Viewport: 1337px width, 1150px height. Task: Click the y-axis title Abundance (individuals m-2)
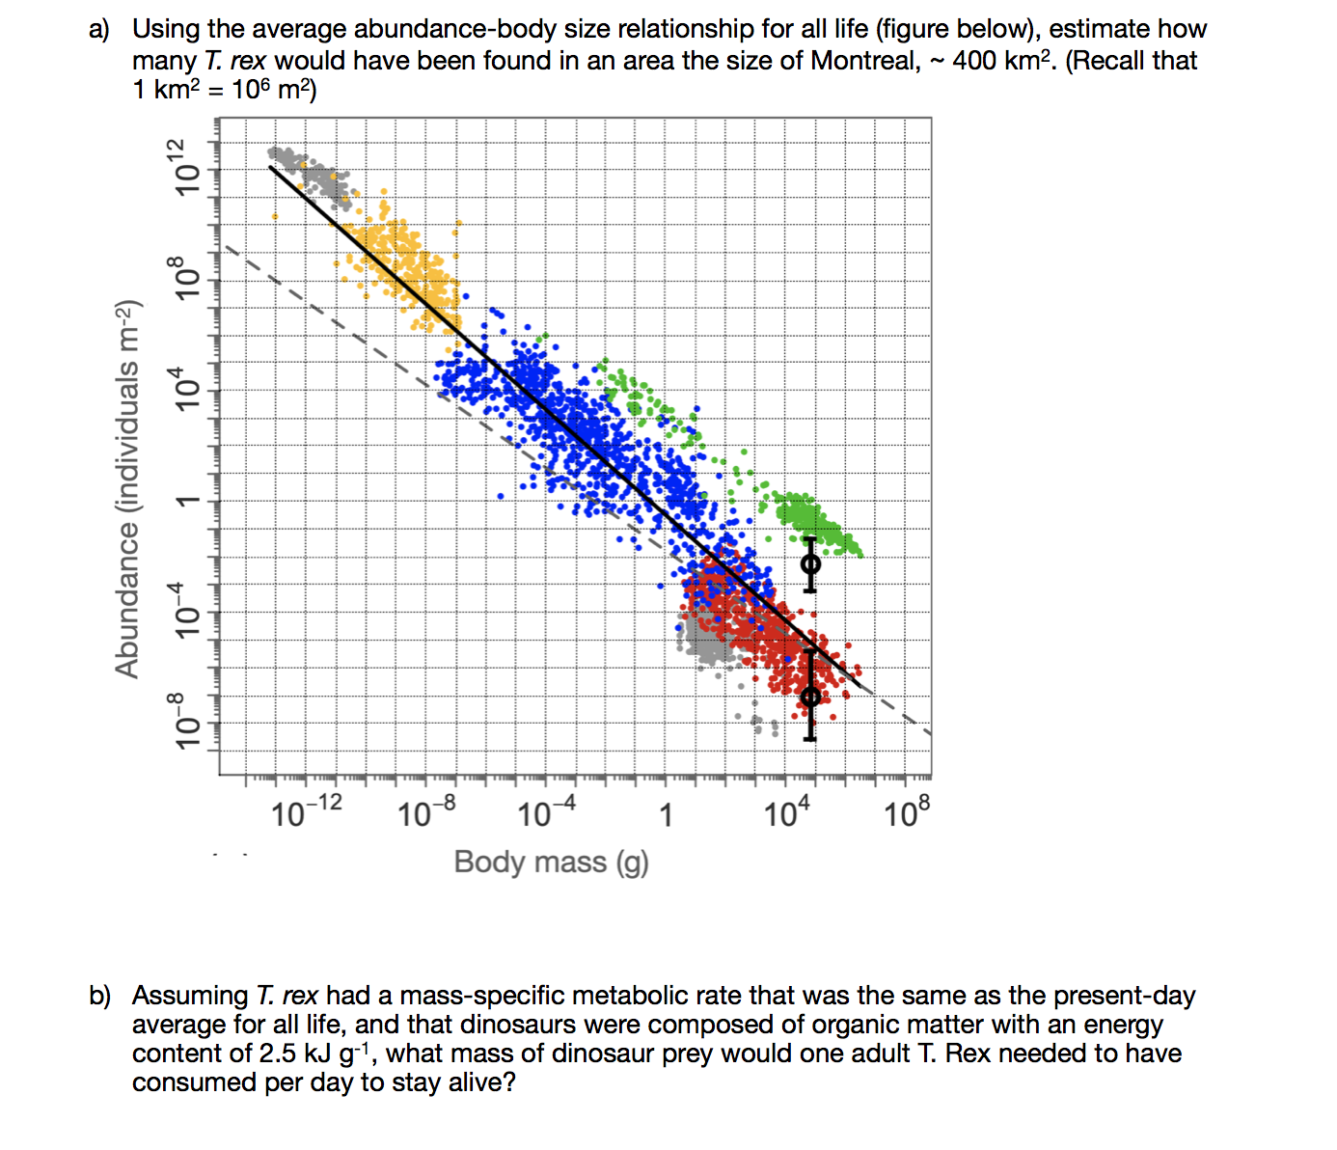pos(128,489)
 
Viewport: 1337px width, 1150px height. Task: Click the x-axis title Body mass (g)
pos(551,862)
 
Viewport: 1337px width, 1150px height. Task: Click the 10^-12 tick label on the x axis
pos(306,812)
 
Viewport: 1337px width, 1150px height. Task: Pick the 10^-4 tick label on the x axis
pos(546,812)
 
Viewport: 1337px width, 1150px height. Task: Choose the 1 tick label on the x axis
pos(665,815)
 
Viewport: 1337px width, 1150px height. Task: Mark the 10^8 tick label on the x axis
pos(907,812)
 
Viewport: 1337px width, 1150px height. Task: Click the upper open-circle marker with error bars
pos(810,563)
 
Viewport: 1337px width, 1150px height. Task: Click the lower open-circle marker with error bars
pos(810,696)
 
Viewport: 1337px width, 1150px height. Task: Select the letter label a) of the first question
pos(99,30)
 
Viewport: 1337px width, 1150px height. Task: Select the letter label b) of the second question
pos(99,996)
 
